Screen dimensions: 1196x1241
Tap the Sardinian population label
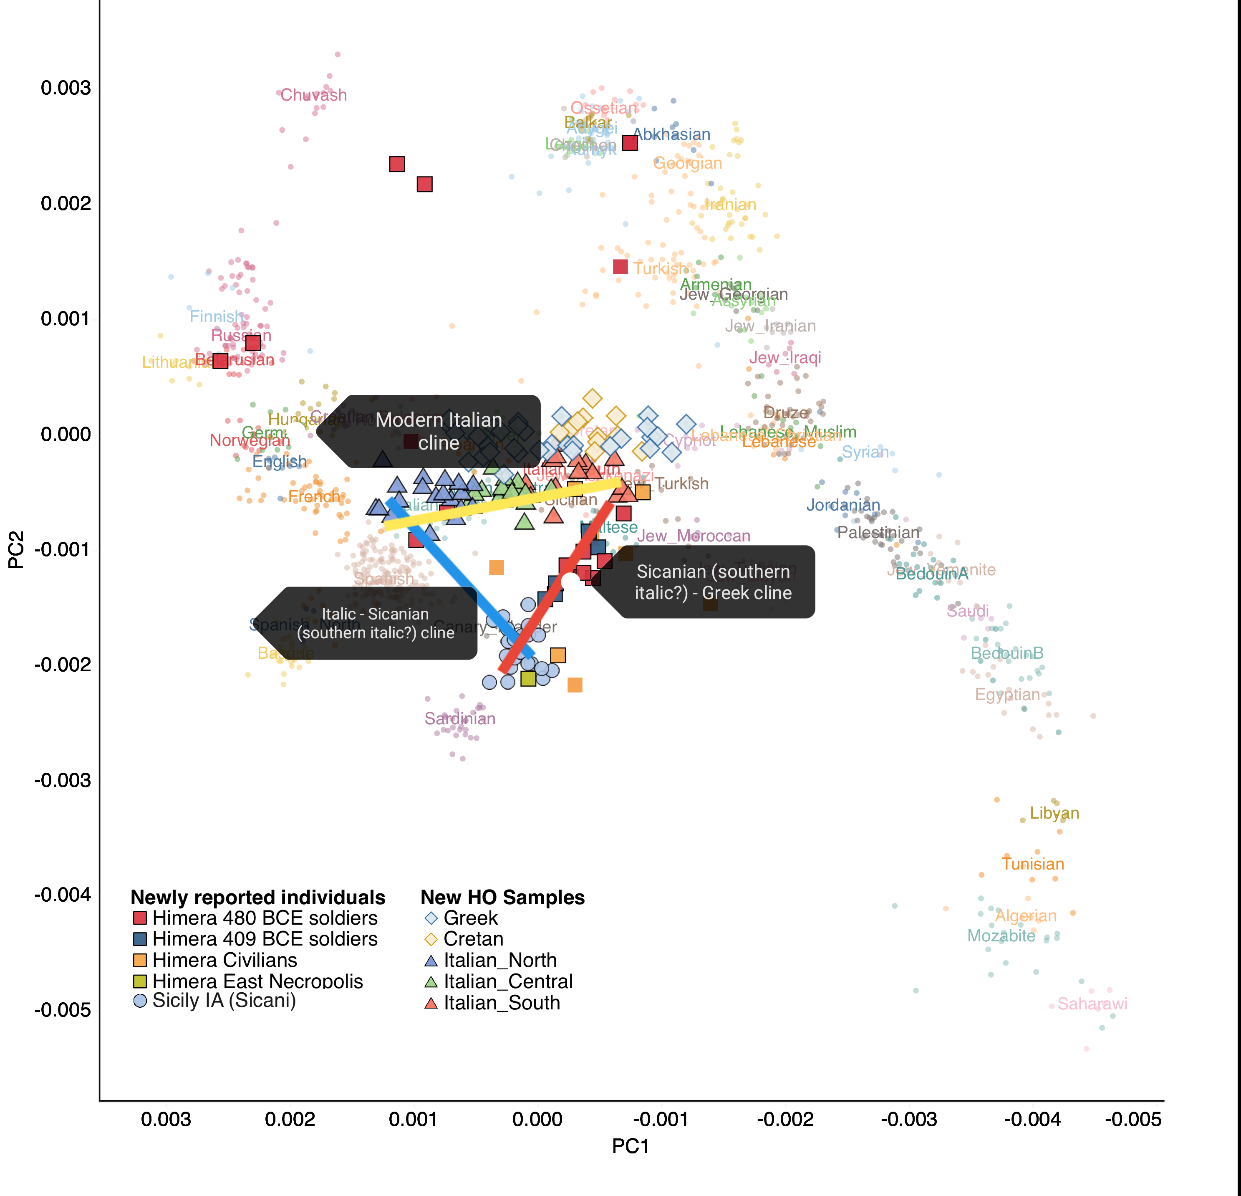coord(460,718)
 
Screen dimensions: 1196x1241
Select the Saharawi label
coord(1092,1004)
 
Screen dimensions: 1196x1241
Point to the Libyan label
coord(1054,813)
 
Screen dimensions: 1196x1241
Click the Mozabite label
coord(1001,936)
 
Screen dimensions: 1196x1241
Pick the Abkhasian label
coord(672,134)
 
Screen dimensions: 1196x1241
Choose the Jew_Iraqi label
coord(785,358)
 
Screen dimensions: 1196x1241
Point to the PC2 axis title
coord(16,550)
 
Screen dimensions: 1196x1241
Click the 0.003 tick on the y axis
coord(66,88)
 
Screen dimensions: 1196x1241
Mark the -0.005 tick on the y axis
coord(62,1010)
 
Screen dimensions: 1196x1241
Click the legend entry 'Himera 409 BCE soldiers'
coord(265,939)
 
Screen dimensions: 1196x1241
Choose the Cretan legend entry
coord(473,939)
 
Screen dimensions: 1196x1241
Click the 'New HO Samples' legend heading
coord(502,898)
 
